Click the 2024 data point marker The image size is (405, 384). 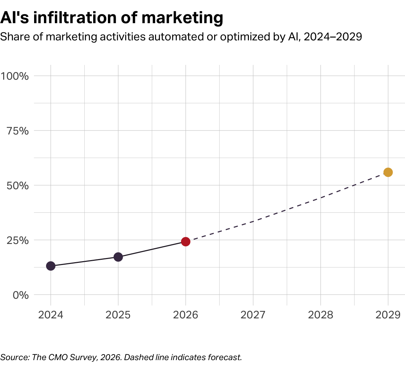(x=51, y=266)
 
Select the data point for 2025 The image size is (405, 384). (x=118, y=257)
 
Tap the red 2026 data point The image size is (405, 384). (x=186, y=241)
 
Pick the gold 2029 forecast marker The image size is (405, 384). (x=388, y=172)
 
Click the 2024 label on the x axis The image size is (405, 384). (x=51, y=315)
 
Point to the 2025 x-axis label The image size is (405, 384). (x=118, y=315)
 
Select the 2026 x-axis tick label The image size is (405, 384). (x=186, y=315)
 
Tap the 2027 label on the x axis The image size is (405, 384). (x=253, y=315)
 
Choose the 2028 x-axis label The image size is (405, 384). (x=320, y=315)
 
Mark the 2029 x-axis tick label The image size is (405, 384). (x=388, y=315)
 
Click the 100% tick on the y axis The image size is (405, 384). (x=15, y=76)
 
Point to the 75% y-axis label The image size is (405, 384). (x=18, y=131)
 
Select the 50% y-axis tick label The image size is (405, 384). (x=18, y=185)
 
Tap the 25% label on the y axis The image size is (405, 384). (x=18, y=240)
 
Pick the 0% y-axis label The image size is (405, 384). (x=20, y=295)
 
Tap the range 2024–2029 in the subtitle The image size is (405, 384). (x=333, y=37)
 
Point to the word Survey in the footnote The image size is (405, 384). (x=83, y=357)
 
